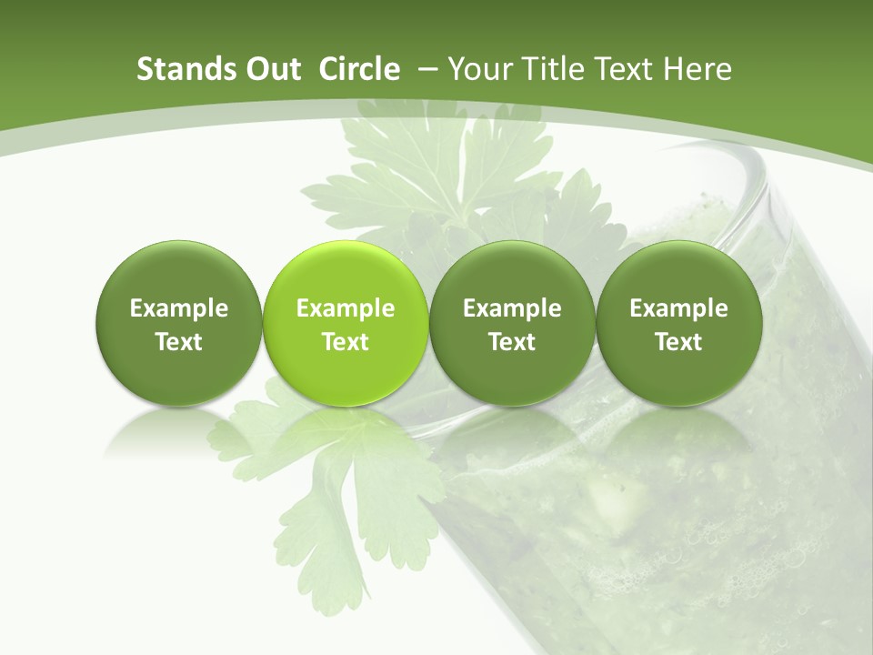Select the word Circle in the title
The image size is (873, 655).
click(x=359, y=69)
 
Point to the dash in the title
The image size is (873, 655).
click(x=428, y=69)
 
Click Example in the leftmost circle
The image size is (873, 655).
click(x=179, y=308)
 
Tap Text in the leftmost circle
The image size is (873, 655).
click(x=179, y=342)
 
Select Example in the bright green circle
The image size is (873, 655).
click(x=346, y=308)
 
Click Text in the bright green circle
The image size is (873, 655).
click(x=346, y=342)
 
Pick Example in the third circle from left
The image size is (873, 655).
click(x=512, y=308)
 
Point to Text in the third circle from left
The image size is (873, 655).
click(x=512, y=342)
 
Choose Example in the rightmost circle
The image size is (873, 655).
click(x=678, y=308)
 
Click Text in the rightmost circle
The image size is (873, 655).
click(x=678, y=342)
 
